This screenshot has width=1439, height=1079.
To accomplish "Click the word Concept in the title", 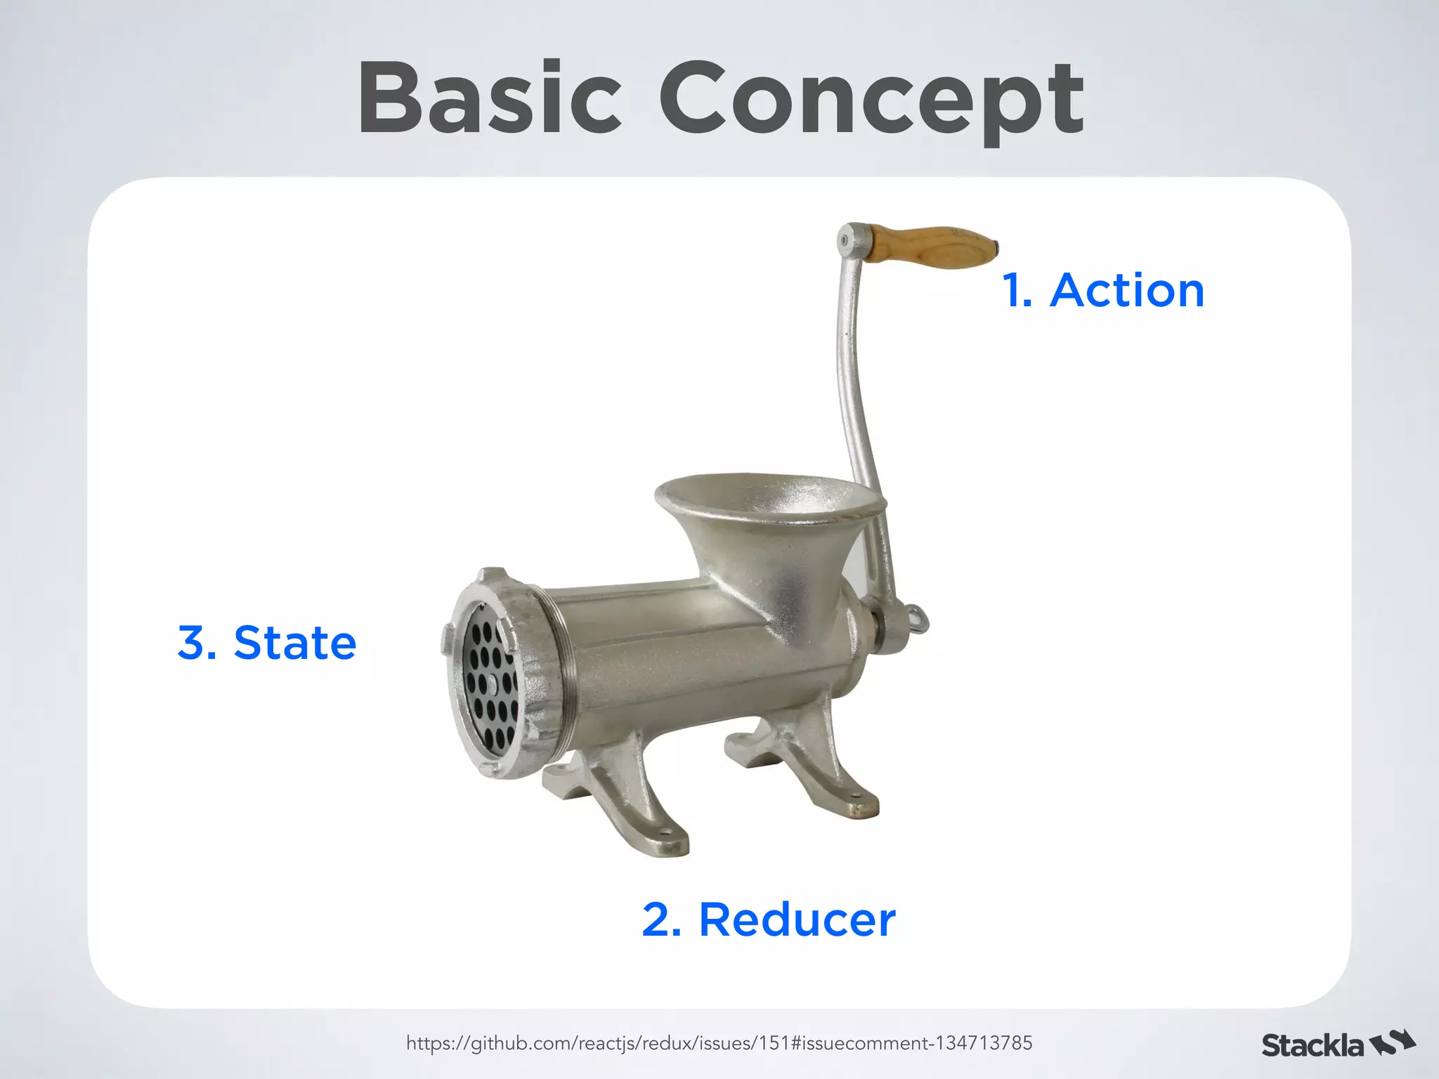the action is click(871, 102).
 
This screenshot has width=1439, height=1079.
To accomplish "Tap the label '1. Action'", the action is click(1103, 290).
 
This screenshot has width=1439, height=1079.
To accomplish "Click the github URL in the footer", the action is click(719, 1042).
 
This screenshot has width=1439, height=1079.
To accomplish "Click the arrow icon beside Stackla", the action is click(1393, 1043).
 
